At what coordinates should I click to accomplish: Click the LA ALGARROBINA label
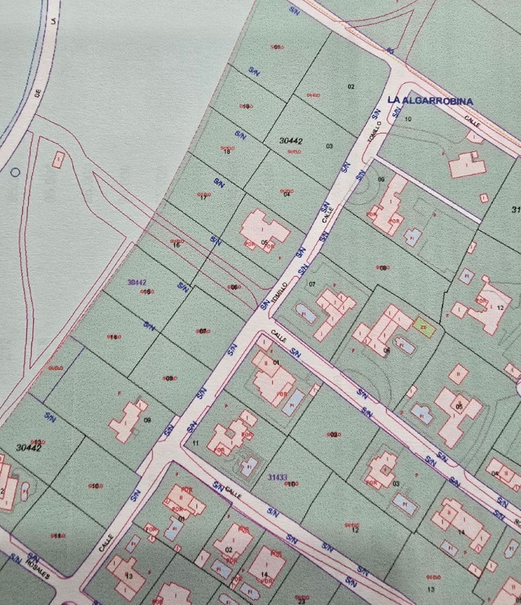pos(430,101)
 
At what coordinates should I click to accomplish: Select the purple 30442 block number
pos(137,283)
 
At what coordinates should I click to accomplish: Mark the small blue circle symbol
pos(15,172)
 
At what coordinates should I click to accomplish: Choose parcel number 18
pos(227,152)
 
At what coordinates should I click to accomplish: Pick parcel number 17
pos(203,198)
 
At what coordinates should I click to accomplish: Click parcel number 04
pos(287,195)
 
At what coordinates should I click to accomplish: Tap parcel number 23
pos(301,601)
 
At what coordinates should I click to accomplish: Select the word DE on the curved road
pos(37,94)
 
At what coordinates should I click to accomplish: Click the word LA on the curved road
pos(53,21)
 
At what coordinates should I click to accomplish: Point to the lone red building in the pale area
pos(59,159)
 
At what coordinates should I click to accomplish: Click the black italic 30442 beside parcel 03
pos(291,141)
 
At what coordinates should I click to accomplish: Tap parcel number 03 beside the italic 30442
pos(329,146)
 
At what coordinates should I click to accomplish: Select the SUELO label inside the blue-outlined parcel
pos(56,368)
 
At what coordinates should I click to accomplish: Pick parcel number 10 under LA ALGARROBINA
pos(408,119)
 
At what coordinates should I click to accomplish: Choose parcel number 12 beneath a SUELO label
pos(355,530)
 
